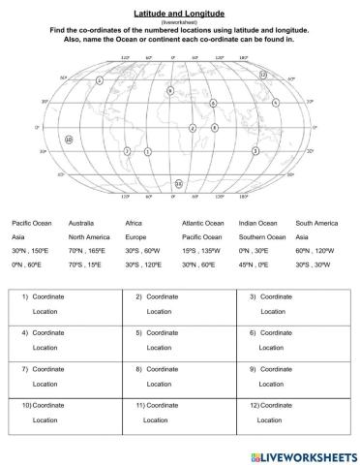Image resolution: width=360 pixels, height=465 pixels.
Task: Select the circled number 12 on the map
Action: coord(263,74)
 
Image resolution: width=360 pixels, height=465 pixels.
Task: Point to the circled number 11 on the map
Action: coord(178,183)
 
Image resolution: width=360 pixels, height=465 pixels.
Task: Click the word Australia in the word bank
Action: coord(81,223)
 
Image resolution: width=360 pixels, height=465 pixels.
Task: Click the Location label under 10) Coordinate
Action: coord(45,420)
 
